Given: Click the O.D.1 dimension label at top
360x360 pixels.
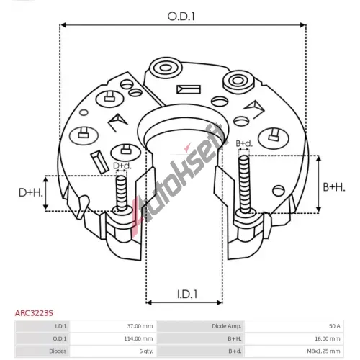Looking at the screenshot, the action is pyautogui.click(x=181, y=17).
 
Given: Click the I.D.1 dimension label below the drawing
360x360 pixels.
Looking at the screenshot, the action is pyautogui.click(x=187, y=294).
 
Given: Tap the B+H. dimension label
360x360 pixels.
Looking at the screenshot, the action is pyautogui.click(x=334, y=187).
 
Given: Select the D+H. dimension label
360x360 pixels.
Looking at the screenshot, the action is pyautogui.click(x=31, y=192).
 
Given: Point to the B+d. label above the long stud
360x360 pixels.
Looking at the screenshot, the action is pyautogui.click(x=244, y=143).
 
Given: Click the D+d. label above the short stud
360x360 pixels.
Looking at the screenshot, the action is pyautogui.click(x=122, y=166).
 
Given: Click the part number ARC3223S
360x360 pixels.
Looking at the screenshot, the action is pyautogui.click(x=34, y=313).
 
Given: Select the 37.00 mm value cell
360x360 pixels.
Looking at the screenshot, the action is pyautogui.click(x=140, y=326).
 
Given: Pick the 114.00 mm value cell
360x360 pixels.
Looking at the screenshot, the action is pyautogui.click(x=138, y=338).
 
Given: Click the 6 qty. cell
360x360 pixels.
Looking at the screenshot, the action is pyautogui.click(x=146, y=351).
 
